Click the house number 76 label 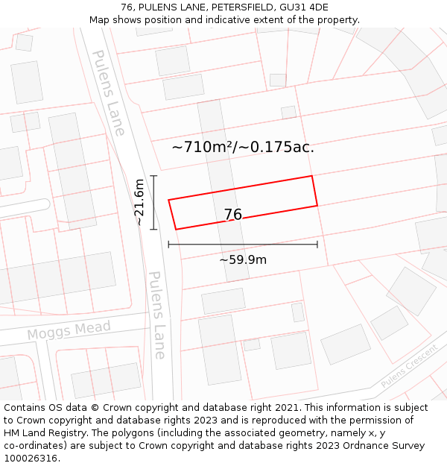233,215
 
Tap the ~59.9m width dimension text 243,260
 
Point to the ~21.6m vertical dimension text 139,202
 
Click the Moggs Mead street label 69,330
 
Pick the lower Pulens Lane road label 157,315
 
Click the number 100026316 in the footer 29,459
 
